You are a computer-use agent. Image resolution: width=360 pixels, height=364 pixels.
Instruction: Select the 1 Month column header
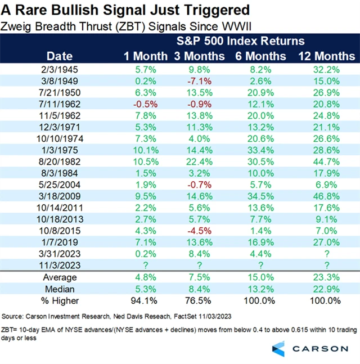pos(146,56)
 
